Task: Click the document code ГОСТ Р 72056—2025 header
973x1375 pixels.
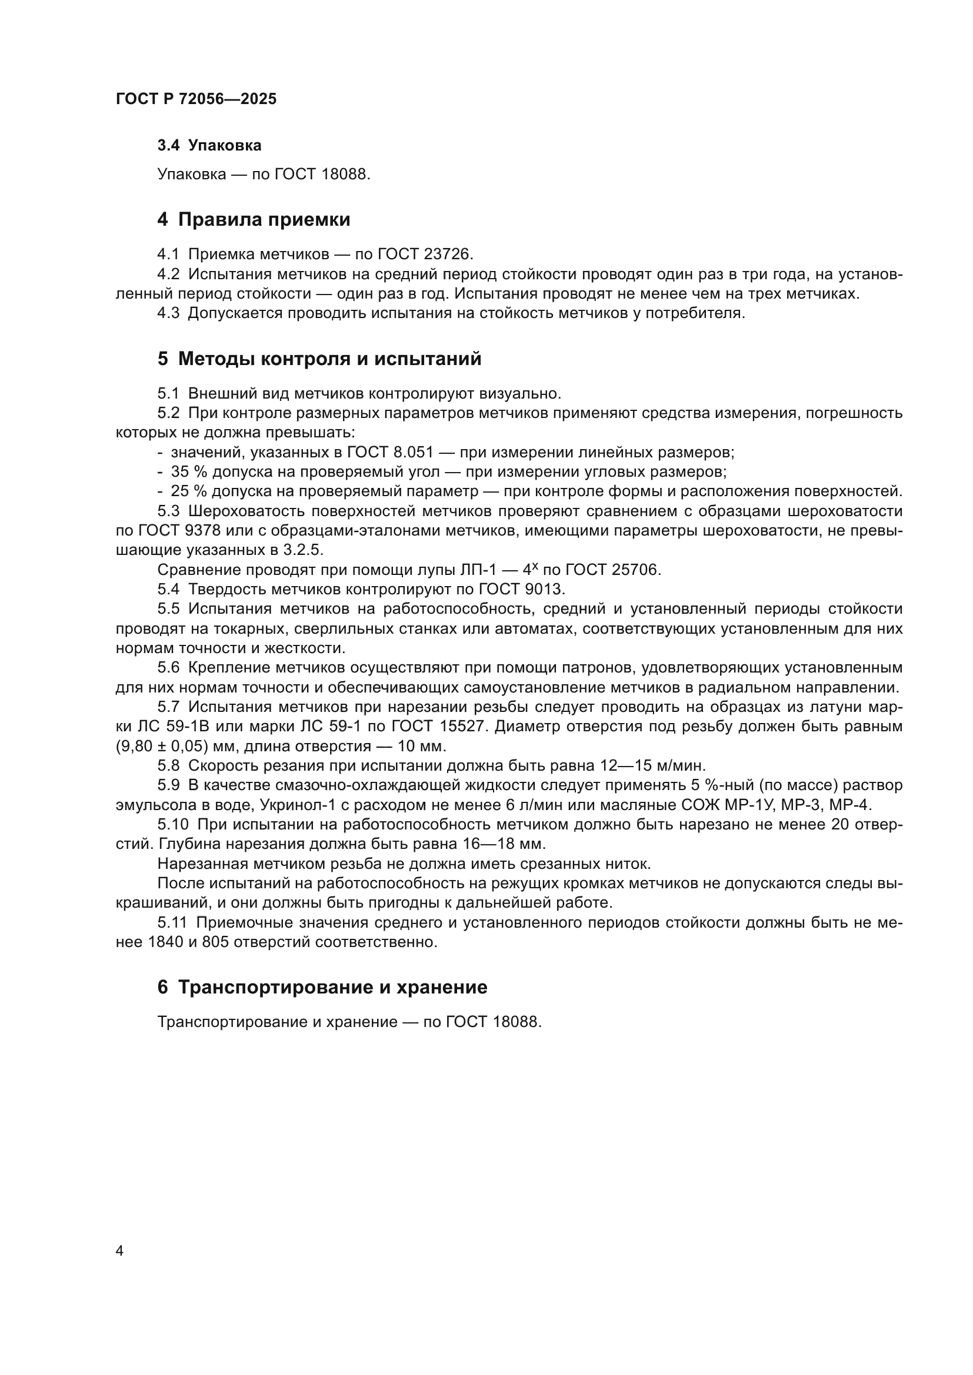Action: tap(196, 99)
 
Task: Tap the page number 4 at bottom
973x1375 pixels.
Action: tap(120, 1251)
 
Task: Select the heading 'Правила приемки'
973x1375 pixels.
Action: tap(264, 220)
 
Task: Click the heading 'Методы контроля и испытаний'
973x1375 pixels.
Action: tap(329, 359)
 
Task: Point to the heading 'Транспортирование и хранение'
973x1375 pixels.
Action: tap(332, 987)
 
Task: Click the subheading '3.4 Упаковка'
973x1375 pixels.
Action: tap(209, 146)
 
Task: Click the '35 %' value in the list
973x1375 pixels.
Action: tap(189, 472)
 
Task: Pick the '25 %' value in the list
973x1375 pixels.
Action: tap(189, 491)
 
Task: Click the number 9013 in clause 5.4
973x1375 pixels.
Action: tap(544, 589)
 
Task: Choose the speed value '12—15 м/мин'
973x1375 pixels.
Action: tap(653, 766)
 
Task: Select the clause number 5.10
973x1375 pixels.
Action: tap(172, 825)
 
